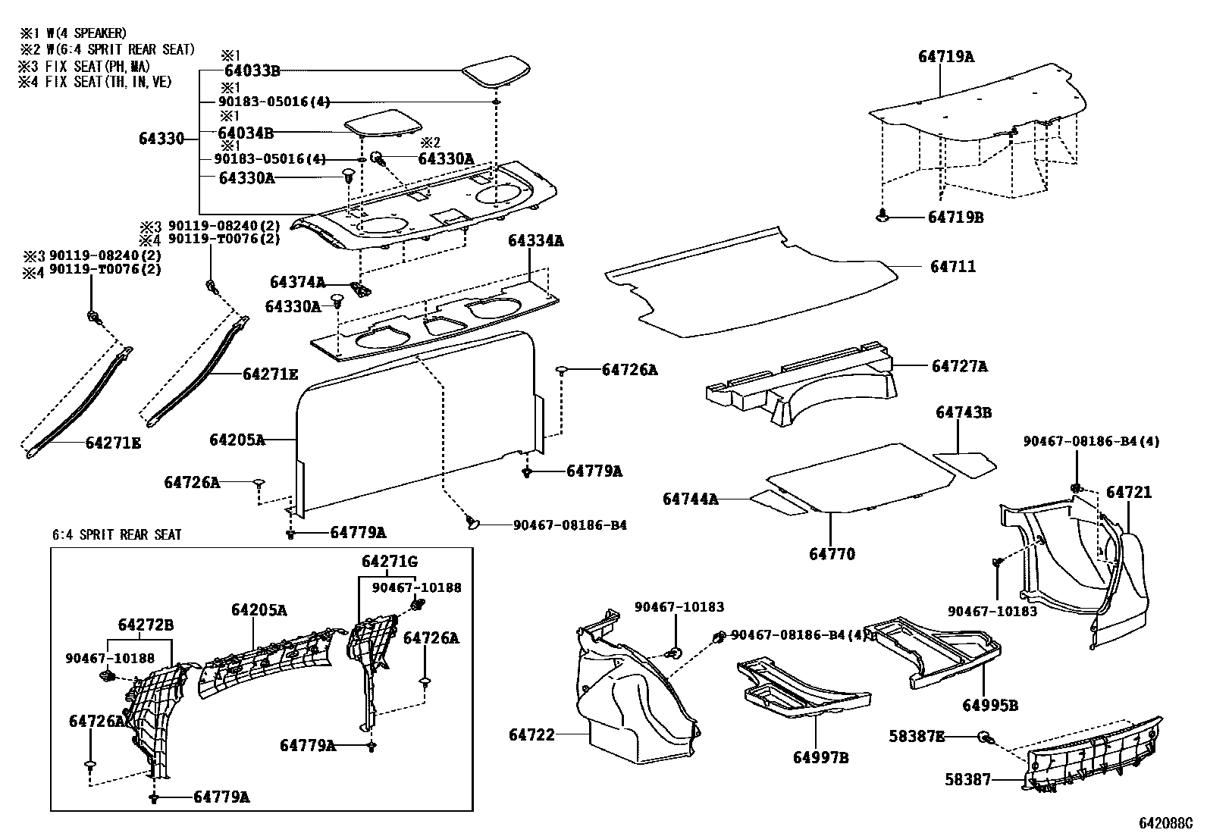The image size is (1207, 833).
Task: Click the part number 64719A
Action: coord(945,56)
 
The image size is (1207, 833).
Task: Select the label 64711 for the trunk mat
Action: coord(953,267)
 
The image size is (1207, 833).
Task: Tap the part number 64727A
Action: coord(959,367)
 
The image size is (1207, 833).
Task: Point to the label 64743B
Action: coord(963,413)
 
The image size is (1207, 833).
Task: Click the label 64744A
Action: coord(690,499)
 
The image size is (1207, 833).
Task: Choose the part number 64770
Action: coord(832,554)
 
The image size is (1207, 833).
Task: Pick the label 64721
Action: coord(1128,493)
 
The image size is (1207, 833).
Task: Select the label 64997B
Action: coord(821,757)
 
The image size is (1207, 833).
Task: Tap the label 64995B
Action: coord(990,705)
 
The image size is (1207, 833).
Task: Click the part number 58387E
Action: coord(917,736)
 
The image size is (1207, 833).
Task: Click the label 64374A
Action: coord(297,282)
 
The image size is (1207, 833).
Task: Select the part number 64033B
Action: coord(249,71)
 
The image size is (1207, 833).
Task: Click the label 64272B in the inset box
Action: coord(146,625)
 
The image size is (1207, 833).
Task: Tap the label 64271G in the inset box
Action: coord(390,562)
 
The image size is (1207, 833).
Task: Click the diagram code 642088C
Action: coord(1165,822)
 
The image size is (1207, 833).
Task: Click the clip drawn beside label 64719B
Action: coord(882,216)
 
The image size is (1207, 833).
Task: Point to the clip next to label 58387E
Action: coord(983,736)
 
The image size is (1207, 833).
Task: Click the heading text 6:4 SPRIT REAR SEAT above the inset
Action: coord(117,534)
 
